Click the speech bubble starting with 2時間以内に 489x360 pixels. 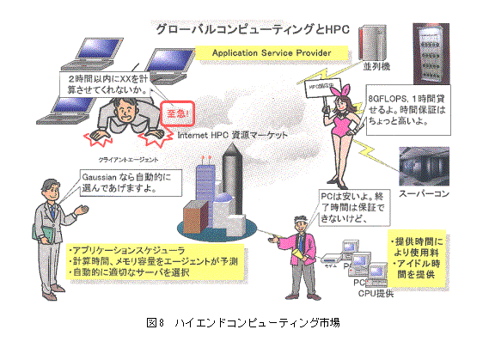[x=107, y=83]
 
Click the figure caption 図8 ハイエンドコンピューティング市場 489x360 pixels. [x=243, y=323]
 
